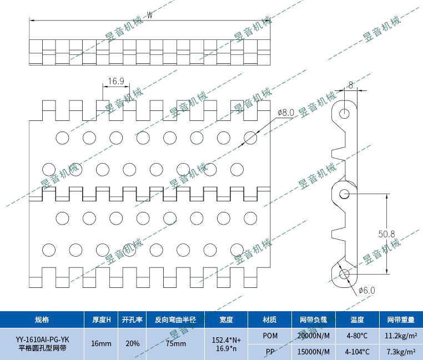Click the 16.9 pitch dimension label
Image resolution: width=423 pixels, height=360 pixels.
(116, 82)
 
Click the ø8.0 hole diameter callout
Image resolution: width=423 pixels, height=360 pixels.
(286, 113)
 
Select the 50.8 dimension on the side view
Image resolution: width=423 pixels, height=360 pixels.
(386, 234)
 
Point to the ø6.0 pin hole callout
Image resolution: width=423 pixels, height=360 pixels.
(367, 290)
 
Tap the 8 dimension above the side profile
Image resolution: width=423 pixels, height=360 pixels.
(350, 85)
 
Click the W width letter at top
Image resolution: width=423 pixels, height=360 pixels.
(150, 15)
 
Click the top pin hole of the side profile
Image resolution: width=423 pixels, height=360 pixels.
(345, 113)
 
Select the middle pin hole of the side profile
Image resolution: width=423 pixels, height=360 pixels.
(344, 194)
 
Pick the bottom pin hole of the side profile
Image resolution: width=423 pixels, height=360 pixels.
(344, 273)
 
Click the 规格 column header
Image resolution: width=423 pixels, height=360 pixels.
(42, 320)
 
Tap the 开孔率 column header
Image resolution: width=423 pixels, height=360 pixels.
(132, 320)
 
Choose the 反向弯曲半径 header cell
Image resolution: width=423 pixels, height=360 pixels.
(176, 320)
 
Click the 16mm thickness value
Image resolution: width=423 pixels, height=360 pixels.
(101, 344)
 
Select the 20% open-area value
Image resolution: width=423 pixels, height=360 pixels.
(133, 344)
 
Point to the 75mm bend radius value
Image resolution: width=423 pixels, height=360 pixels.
(176, 344)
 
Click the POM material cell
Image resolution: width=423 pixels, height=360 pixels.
(270, 336)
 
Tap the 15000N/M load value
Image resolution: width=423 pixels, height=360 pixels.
(314, 352)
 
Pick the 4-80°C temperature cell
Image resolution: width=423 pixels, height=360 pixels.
(357, 336)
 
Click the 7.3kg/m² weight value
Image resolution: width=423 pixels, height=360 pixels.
(400, 352)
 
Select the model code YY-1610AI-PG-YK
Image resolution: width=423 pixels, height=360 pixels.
(42, 339)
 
